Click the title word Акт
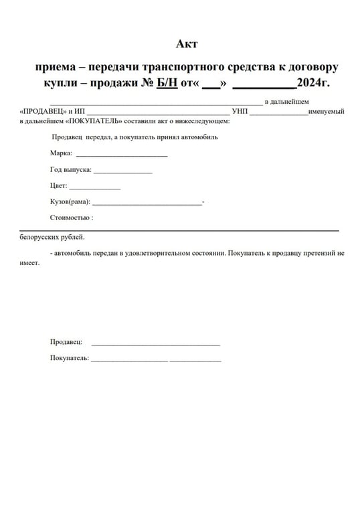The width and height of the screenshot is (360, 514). (x=187, y=44)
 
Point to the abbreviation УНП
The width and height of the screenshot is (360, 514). (x=240, y=111)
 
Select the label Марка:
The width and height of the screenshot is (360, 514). (x=61, y=153)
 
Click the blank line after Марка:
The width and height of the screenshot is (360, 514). (x=121, y=155)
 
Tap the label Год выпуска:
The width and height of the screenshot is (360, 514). (x=70, y=169)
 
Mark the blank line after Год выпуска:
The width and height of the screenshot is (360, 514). (x=123, y=172)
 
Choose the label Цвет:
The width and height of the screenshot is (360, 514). (x=58, y=186)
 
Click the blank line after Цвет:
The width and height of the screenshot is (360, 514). (x=94, y=189)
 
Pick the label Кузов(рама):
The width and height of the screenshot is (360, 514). (x=70, y=201)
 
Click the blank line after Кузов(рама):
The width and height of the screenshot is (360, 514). (x=147, y=204)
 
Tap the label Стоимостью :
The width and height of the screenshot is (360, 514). (x=71, y=218)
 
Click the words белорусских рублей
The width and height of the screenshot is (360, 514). (x=52, y=238)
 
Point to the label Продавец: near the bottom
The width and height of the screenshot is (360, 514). (x=66, y=342)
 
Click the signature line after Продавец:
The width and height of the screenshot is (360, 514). (x=155, y=345)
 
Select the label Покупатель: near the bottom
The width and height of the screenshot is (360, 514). (x=69, y=358)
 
